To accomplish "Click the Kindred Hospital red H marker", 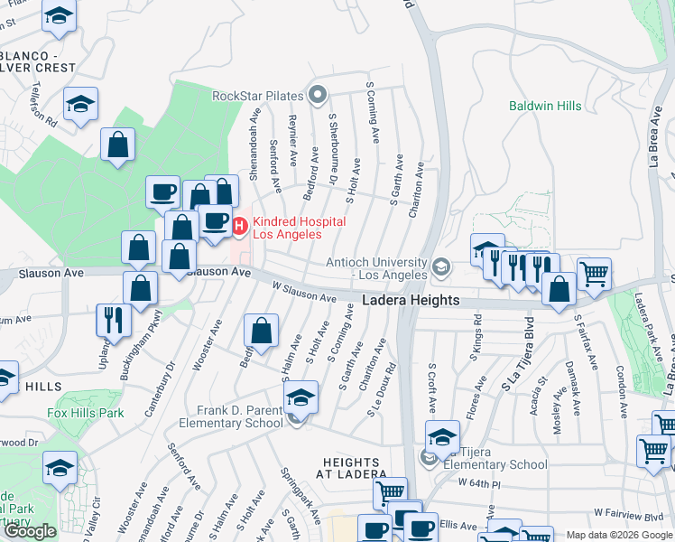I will (x=240, y=226).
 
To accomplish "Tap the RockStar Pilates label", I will (x=257, y=95).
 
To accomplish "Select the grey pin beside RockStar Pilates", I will (x=317, y=94).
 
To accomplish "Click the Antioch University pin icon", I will (x=440, y=266).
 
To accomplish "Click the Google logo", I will (x=30, y=531).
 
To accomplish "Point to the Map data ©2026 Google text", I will (x=619, y=535).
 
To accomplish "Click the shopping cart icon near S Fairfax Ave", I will (x=594, y=274).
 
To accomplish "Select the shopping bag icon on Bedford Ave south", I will (x=261, y=332).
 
